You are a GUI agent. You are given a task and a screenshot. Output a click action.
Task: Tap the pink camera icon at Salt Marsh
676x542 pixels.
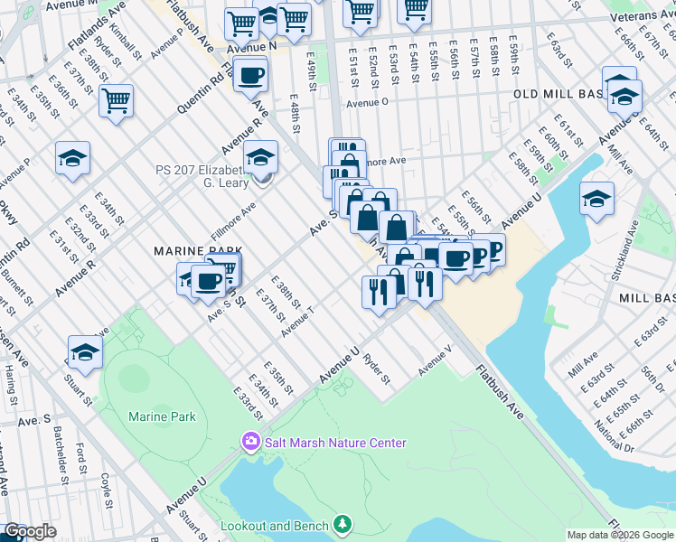pyautogui.click(x=249, y=442)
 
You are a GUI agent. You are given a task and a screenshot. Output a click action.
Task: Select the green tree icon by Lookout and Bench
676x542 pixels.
pyautogui.click(x=343, y=524)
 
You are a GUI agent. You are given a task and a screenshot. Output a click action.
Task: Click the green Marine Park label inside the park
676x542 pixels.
pyautogui.click(x=162, y=416)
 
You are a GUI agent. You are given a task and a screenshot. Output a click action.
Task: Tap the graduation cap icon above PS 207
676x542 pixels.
pyautogui.click(x=260, y=160)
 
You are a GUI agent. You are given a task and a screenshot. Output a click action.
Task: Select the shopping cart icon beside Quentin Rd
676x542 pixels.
pyautogui.click(x=117, y=101)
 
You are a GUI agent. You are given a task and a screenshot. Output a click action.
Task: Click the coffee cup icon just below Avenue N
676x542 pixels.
pyautogui.click(x=251, y=75)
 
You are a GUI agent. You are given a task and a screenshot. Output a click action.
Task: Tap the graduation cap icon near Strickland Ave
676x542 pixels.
pyautogui.click(x=596, y=200)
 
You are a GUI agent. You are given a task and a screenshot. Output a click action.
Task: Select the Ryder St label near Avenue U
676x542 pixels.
pyautogui.click(x=376, y=369)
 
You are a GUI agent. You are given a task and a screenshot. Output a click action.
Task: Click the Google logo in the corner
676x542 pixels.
pyautogui.click(x=30, y=531)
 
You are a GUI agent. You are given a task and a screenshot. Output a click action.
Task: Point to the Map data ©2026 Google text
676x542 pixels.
pyautogui.click(x=620, y=535)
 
